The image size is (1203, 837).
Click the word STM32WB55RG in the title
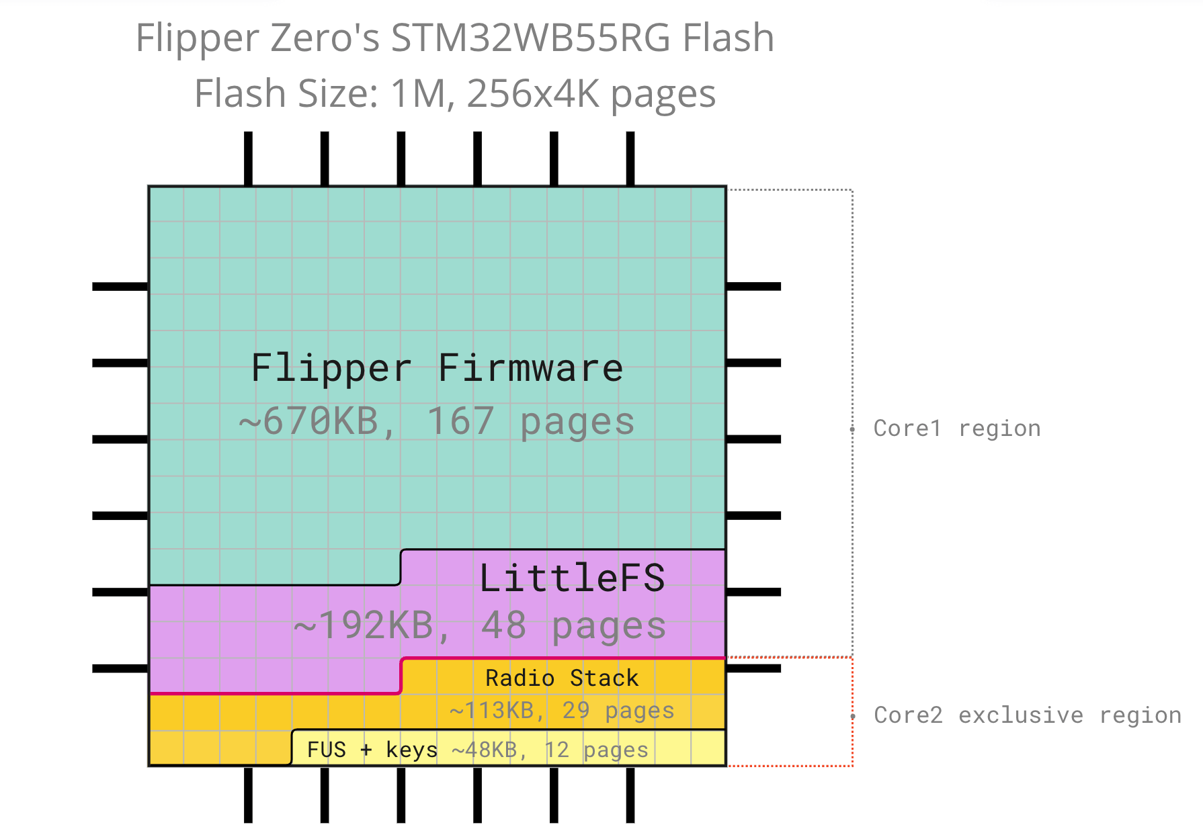coord(530,38)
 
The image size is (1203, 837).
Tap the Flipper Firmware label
coord(437,368)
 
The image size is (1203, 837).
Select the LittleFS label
coord(572,578)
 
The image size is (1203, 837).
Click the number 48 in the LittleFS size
coord(503,626)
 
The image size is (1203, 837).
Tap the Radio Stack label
coord(562,678)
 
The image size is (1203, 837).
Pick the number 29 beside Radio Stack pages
coord(576,711)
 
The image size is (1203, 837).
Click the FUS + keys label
coord(372,750)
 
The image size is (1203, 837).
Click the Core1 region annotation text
coord(957,429)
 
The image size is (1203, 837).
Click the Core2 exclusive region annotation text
coord(1027,715)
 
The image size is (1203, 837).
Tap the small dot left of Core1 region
coord(852,429)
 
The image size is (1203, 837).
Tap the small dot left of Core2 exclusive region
coord(852,717)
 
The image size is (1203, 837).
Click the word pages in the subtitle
coord(663,95)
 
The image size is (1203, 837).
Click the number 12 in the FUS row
coord(556,750)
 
